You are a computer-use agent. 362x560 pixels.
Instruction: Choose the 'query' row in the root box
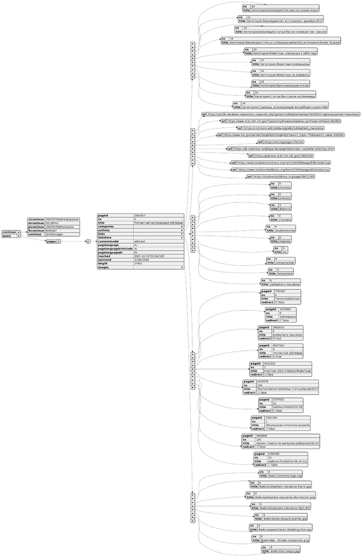point(9,236)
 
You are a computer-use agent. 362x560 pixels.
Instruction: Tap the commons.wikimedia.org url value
point(284,128)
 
